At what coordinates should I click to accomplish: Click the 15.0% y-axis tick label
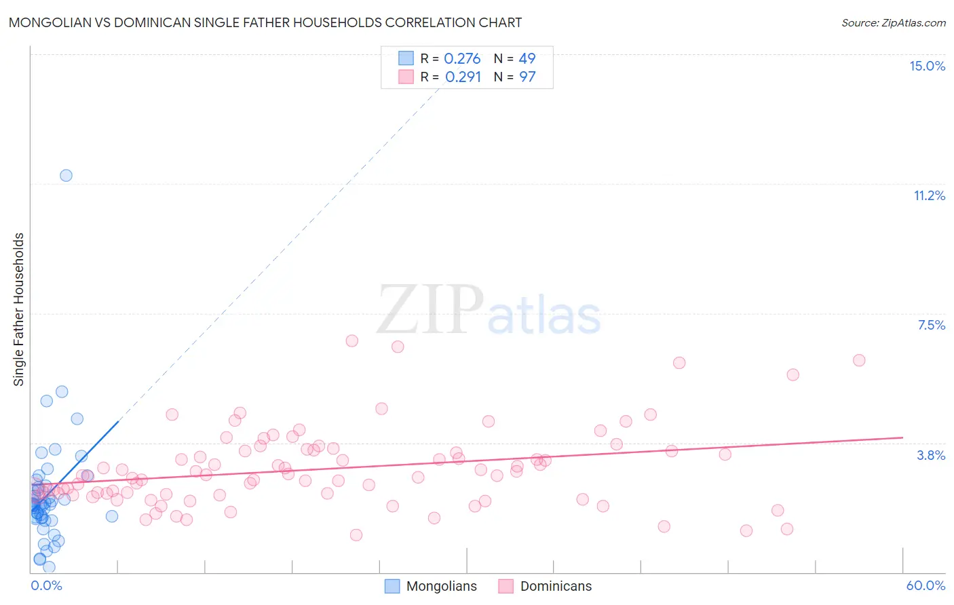tap(927, 66)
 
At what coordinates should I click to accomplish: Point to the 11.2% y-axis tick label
tap(929, 195)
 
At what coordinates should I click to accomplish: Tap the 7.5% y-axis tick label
tap(931, 325)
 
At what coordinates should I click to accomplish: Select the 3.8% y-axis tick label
tap(931, 455)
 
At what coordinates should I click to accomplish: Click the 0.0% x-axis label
tap(46, 585)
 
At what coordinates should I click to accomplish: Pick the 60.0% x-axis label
tap(925, 585)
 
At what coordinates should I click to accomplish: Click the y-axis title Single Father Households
tap(18, 309)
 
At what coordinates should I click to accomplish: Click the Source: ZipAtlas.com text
tap(893, 22)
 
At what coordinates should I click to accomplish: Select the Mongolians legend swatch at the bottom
tap(392, 586)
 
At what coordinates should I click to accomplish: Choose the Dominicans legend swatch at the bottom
tap(505, 586)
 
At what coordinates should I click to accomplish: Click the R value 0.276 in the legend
tap(462, 59)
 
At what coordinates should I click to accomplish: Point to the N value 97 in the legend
tap(527, 77)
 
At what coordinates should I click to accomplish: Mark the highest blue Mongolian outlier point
tap(66, 175)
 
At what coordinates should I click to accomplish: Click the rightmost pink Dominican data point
tap(859, 360)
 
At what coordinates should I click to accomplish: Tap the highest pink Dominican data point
tap(351, 340)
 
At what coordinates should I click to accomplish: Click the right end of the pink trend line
tap(902, 437)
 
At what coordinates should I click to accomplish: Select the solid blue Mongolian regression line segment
tap(88, 451)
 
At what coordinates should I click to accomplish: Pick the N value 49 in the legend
tap(527, 59)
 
